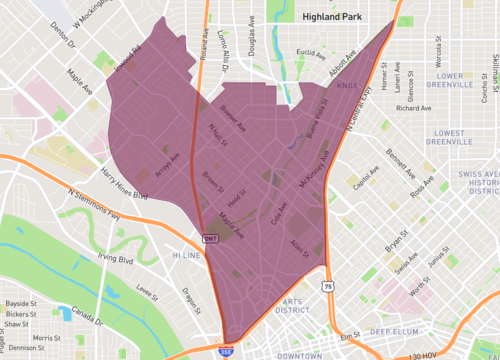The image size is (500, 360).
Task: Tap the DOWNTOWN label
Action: [300, 355]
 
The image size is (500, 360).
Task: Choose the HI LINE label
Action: [188, 256]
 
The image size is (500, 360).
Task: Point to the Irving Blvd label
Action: [115, 258]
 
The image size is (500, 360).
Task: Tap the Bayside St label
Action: [19, 301]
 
